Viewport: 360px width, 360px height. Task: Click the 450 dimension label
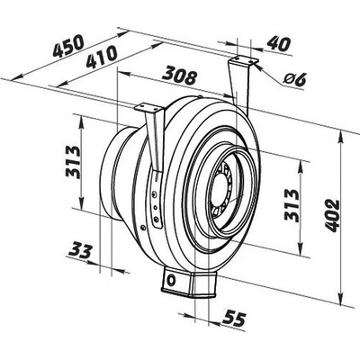tap(67, 46)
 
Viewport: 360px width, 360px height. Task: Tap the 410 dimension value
tap(102, 57)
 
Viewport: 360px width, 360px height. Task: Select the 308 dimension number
tap(179, 76)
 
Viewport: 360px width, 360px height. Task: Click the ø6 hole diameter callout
tap(294, 79)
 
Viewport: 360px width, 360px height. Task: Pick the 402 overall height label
tap(332, 215)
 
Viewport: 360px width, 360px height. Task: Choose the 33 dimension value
tap(80, 251)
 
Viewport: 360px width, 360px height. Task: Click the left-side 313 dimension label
tap(73, 163)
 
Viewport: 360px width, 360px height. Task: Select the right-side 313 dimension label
tap(292, 206)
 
